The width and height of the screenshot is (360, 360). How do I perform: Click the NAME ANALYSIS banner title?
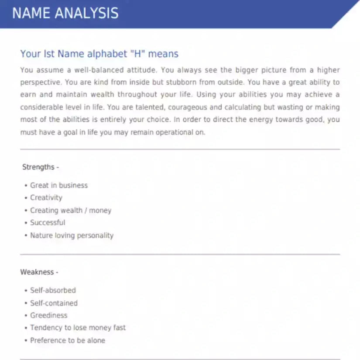click(x=65, y=13)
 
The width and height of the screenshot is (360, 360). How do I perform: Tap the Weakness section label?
click(x=39, y=272)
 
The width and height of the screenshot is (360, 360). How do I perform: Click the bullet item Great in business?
click(x=59, y=185)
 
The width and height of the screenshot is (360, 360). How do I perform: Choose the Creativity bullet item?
click(x=46, y=198)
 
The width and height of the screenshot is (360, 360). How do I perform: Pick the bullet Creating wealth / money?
click(x=71, y=210)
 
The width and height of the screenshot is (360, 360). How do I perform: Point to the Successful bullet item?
click(x=48, y=223)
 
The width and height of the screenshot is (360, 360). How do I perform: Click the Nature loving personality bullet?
click(x=72, y=235)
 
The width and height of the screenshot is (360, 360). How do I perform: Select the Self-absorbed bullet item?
click(x=53, y=290)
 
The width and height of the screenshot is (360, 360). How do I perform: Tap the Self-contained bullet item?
click(x=54, y=303)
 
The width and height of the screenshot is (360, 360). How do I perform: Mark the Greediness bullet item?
click(x=49, y=315)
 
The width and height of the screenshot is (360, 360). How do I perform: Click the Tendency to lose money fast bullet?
click(x=78, y=328)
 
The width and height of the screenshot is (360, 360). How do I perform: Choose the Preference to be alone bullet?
click(x=68, y=340)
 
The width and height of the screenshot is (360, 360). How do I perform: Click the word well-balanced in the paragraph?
click(x=91, y=70)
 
